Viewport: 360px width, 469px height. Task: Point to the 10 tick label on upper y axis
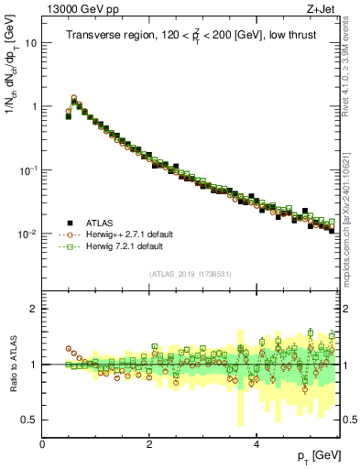[30, 43]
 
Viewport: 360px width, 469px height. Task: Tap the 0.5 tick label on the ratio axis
[29, 420]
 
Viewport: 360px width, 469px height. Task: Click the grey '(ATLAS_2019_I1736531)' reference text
[190, 274]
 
